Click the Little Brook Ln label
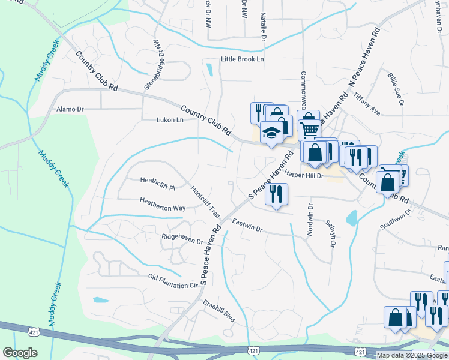point(242,59)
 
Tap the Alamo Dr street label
point(70,110)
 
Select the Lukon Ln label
point(170,119)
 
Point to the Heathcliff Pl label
point(157,180)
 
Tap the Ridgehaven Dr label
point(182,239)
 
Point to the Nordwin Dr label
point(310,220)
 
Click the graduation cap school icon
point(271,133)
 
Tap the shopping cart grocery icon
point(310,129)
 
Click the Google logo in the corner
point(20,352)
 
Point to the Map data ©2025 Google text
point(412,355)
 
